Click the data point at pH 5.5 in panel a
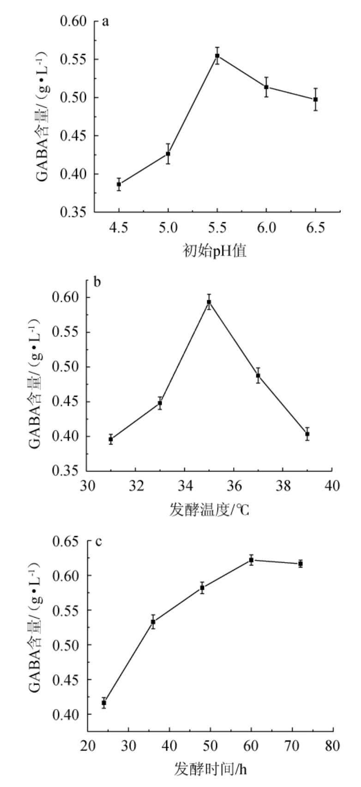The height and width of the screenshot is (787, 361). pyautogui.click(x=217, y=56)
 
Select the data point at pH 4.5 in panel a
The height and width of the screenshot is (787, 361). pyautogui.click(x=119, y=184)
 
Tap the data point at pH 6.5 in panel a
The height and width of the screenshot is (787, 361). pyautogui.click(x=316, y=99)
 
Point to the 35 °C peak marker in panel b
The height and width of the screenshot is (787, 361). pyautogui.click(x=209, y=302)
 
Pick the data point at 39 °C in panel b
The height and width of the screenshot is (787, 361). pyautogui.click(x=307, y=434)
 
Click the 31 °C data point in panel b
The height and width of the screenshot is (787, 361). pyautogui.click(x=111, y=439)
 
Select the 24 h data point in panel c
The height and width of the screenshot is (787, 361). pyautogui.click(x=104, y=703)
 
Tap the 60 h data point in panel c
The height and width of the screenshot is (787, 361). pyautogui.click(x=251, y=560)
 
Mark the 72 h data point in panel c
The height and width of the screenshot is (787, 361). pyautogui.click(x=301, y=564)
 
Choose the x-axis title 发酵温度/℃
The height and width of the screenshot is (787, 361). pyautogui.click(x=209, y=510)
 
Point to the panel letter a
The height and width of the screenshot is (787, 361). pyautogui.click(x=105, y=22)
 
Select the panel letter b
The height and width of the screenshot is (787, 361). pyautogui.click(x=97, y=282)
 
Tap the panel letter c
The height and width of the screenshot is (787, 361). pyautogui.click(x=98, y=541)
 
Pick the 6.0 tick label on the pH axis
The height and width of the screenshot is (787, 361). pyautogui.click(x=266, y=228)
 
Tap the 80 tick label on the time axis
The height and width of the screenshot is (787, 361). pyautogui.click(x=332, y=746)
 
